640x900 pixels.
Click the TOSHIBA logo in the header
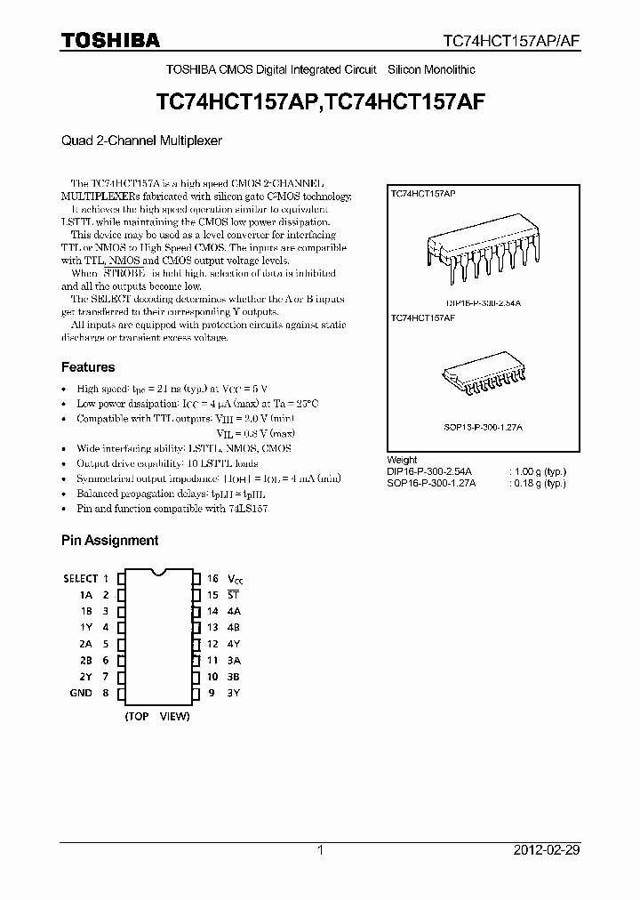tap(110, 40)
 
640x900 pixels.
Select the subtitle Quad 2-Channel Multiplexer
tap(141, 141)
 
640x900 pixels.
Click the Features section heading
tap(88, 366)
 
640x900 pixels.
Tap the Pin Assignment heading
tap(109, 540)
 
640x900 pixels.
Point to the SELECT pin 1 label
tap(80, 578)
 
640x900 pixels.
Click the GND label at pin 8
tap(81, 693)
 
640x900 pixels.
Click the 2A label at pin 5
tap(85, 643)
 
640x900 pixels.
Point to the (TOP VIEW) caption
tap(157, 716)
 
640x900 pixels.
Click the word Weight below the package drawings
tap(404, 461)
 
